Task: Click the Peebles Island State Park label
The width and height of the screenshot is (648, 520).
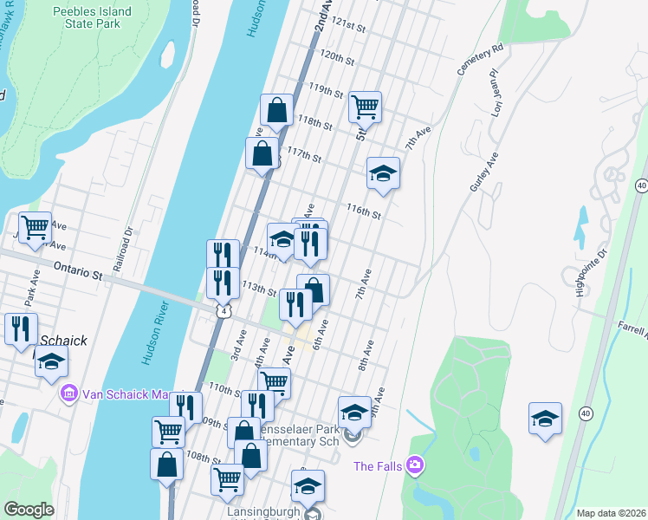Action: point(92,18)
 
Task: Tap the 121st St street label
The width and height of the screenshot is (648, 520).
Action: point(344,23)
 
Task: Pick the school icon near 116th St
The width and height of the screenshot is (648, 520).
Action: point(383,173)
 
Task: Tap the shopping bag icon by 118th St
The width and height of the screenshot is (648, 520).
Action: point(276,110)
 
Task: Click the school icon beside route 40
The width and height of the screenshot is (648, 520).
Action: point(546,418)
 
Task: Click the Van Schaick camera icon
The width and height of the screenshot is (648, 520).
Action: point(68,393)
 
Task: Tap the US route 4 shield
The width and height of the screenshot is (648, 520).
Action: point(224,310)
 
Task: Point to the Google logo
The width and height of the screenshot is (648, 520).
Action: point(29,510)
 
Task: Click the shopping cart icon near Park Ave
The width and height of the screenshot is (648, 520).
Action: point(35,228)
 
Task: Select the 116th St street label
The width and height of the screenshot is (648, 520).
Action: point(365,211)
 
